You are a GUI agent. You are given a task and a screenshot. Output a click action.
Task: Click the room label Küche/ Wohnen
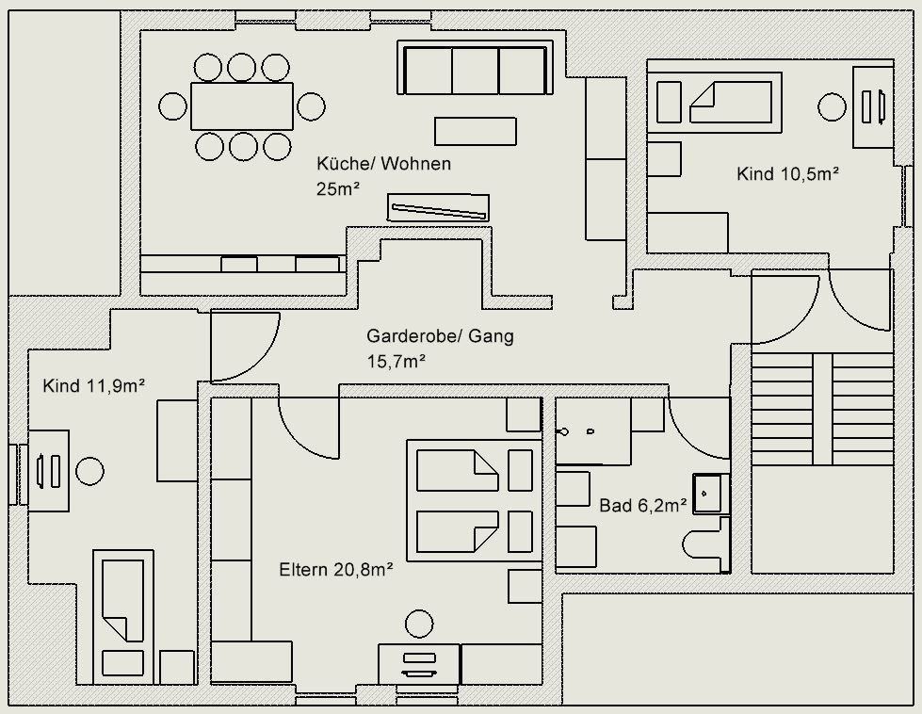383,164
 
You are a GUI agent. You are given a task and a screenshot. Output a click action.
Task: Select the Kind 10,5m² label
788,173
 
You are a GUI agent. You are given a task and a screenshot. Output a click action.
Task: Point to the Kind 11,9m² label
93,385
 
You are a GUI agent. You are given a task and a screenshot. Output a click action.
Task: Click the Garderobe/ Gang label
440,336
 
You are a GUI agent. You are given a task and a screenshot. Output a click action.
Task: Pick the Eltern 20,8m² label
336,569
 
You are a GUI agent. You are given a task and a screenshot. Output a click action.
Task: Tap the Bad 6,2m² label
643,506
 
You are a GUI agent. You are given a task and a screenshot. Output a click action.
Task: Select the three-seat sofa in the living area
476,71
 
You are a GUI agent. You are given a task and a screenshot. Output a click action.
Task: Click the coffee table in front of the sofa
475,131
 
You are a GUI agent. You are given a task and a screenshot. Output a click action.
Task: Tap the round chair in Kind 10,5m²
832,106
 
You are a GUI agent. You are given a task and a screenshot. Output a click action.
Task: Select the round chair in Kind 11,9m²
90,470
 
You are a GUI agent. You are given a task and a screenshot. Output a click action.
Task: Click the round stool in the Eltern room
419,624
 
